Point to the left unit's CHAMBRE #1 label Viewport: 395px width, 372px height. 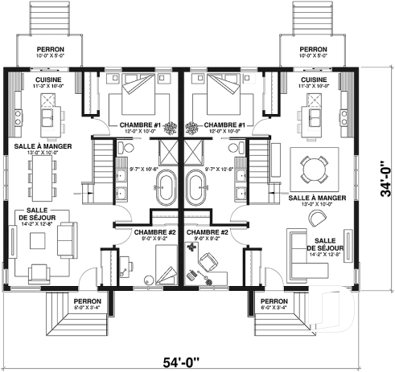pyautogui.click(x=140, y=125)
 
